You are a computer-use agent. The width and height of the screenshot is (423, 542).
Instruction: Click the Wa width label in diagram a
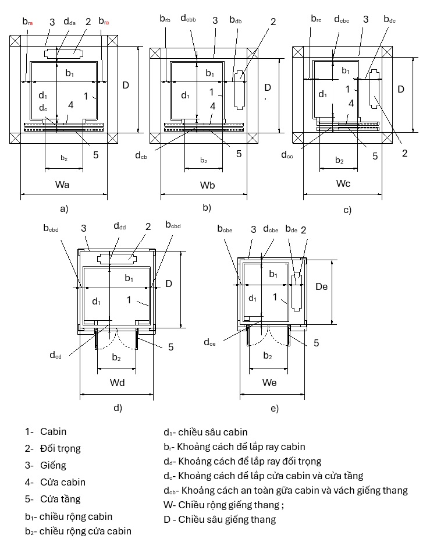(62, 185)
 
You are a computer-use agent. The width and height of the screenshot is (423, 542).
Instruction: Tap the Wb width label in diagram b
(207, 185)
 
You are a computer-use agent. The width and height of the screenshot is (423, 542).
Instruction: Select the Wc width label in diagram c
(343, 183)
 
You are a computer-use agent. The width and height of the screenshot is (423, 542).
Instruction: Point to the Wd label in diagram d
(117, 382)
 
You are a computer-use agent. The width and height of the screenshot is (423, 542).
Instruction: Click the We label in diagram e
(269, 382)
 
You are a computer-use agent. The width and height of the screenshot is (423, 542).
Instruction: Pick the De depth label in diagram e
(321, 286)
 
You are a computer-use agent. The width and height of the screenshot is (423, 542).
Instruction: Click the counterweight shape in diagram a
(63, 53)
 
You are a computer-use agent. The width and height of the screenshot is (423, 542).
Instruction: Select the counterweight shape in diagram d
(117, 258)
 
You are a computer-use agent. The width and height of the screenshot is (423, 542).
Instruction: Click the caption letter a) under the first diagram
(64, 209)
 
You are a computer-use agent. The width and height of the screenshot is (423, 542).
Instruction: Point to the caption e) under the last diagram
(275, 408)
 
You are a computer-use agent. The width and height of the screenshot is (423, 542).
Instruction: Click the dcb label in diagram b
(141, 155)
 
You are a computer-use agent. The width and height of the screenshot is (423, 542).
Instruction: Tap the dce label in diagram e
(210, 342)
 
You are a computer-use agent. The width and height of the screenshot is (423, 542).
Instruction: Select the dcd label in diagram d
(56, 355)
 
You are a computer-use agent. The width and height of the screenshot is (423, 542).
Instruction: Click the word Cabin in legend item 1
(53, 431)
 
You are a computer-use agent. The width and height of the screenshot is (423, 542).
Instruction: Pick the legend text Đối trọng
(60, 448)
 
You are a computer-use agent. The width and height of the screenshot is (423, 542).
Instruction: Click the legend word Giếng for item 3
(53, 465)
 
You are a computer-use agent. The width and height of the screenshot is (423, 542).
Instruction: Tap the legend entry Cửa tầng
(60, 499)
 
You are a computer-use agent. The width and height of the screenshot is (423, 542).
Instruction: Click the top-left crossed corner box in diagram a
(15, 40)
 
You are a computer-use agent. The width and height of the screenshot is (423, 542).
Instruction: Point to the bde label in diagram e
(292, 229)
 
